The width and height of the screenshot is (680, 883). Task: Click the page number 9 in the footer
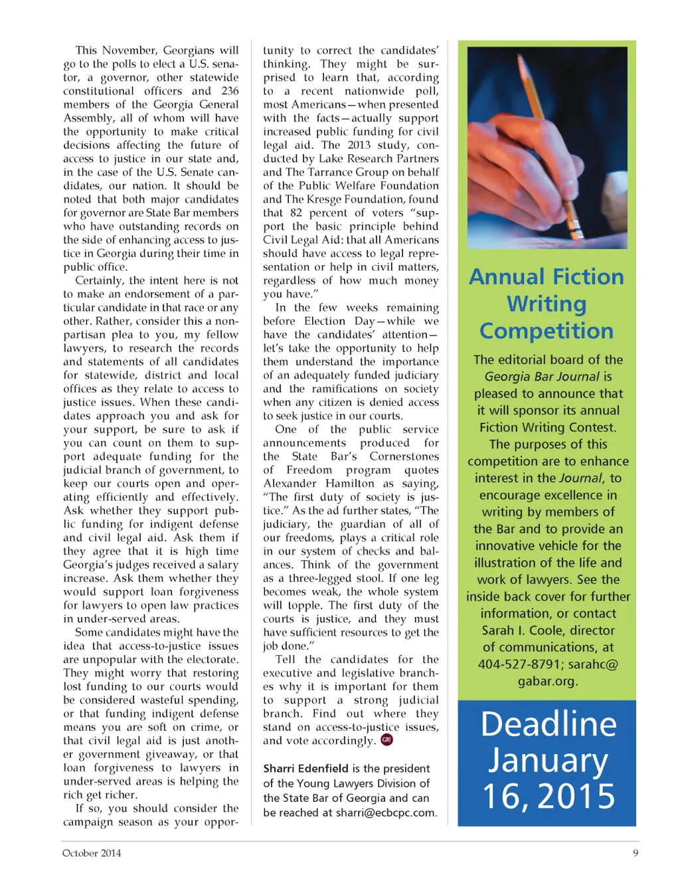point(636,853)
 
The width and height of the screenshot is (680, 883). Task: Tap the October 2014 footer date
point(92,853)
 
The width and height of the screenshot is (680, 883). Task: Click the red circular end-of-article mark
point(386,740)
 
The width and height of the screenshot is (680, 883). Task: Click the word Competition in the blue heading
point(547,331)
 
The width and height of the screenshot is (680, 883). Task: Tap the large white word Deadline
point(549,724)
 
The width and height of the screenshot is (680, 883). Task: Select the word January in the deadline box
point(549,761)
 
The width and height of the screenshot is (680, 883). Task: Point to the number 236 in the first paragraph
point(230,90)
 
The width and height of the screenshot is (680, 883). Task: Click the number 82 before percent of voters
point(296,213)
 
